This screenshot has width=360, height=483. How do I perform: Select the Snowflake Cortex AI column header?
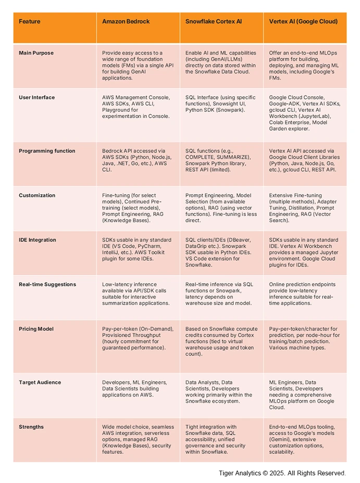click(214, 21)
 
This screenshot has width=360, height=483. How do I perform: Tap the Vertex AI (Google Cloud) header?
click(303, 21)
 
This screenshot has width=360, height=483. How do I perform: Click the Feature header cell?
click(30, 21)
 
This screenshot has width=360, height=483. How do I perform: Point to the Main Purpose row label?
click(36, 53)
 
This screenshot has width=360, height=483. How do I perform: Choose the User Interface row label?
click(36, 97)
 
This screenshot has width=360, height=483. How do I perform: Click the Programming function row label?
click(47, 151)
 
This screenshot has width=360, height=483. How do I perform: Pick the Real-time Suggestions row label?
click(47, 285)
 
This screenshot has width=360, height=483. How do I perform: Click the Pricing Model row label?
click(36, 329)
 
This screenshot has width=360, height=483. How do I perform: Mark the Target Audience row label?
click(40, 383)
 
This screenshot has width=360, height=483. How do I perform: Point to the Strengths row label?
click(31, 427)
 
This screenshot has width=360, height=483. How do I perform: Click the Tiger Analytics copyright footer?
click(282, 473)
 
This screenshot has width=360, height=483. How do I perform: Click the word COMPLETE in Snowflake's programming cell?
click(201, 157)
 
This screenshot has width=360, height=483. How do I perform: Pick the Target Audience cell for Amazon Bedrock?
click(135, 388)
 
